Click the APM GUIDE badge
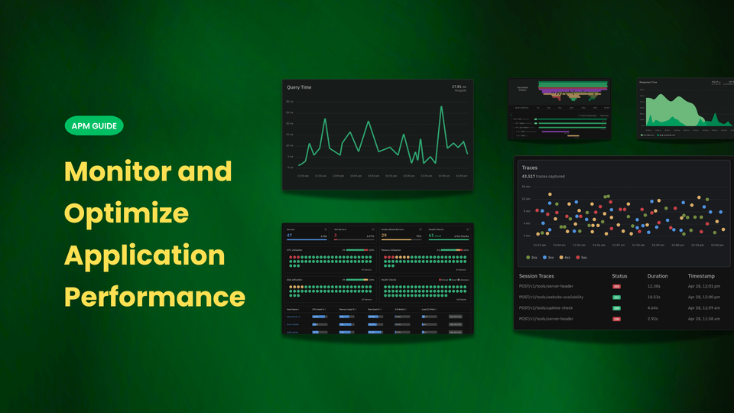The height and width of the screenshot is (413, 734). pos(94,125)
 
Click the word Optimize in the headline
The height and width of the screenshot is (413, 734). pos(127,212)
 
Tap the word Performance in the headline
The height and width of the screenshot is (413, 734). pos(154,296)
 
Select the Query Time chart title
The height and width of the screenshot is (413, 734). pos(299,88)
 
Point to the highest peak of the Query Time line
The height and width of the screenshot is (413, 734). pos(442,107)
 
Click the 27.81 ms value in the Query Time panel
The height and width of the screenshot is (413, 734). pos(458,86)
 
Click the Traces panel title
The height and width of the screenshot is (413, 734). pos(530,167)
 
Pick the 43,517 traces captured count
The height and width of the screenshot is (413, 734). pos(543,177)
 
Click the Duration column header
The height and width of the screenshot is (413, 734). pos(658,275)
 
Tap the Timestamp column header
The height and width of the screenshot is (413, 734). pos(702,275)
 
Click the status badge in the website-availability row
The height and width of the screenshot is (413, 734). pos(616,297)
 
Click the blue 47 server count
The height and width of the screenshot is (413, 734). pos(290,236)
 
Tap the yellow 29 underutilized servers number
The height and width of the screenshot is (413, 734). pos(384,236)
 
